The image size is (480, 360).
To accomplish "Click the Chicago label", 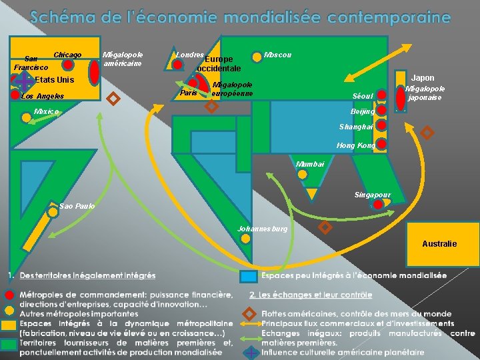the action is click(67, 54).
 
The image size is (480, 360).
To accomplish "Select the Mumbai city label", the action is click(310, 163).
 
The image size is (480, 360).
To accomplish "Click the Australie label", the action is click(439, 244).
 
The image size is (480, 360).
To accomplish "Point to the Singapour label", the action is click(373, 195).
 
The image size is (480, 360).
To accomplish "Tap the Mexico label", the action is click(47, 111).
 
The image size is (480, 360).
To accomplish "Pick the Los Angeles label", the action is click(43, 96).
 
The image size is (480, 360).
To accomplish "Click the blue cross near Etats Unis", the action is click(23, 80).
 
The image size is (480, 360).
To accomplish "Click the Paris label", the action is click(189, 93).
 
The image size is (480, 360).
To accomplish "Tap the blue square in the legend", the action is click(248, 276).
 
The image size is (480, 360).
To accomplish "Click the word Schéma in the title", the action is click(58, 17).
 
